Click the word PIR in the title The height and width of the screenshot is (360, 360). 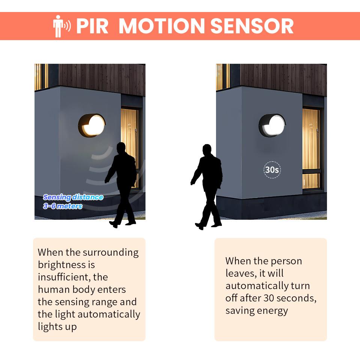pos(92,26)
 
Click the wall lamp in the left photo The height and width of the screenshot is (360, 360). pos(92,126)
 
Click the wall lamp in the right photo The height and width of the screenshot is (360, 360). pos(272,126)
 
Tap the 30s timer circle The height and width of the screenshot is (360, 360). pos(272,170)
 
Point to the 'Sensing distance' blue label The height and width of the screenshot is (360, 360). pos(73,197)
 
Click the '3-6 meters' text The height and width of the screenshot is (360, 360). pos(63,206)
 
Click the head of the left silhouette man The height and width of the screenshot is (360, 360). pos(121,148)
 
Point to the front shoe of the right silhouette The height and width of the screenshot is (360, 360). pos(199,226)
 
